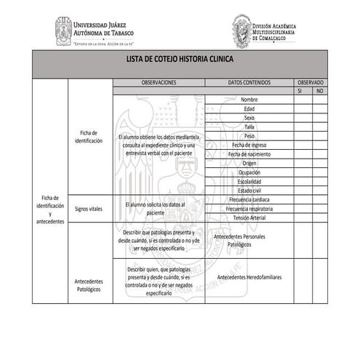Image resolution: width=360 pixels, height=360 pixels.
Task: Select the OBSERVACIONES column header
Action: [x=159, y=83]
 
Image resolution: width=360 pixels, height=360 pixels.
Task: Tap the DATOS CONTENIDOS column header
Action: [x=249, y=83]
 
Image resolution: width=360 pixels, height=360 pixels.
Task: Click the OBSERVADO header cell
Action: [x=310, y=83]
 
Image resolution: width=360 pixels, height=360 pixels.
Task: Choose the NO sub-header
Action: [x=319, y=92]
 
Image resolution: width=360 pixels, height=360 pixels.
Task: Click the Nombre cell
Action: [x=249, y=100]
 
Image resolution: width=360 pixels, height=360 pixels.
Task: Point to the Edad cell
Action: [x=249, y=108]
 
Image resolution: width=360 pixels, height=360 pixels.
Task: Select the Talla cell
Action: [x=249, y=127]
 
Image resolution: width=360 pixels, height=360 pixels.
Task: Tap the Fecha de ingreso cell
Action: [x=249, y=145]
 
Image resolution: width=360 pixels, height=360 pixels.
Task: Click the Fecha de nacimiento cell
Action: [x=249, y=154]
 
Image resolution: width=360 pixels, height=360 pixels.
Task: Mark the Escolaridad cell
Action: [x=249, y=181]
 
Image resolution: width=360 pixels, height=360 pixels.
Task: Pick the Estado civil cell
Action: [x=249, y=191]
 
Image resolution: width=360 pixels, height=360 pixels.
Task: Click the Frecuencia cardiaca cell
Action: [x=249, y=199]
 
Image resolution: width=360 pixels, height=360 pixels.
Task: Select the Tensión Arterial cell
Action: [x=249, y=217]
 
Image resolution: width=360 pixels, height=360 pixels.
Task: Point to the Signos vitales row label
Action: [x=89, y=208]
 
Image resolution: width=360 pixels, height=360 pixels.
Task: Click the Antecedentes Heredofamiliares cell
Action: [x=249, y=277]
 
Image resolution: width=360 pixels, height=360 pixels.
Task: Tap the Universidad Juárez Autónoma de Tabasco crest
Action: [x=63, y=30]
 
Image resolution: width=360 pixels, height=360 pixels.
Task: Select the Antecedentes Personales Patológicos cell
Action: [x=249, y=241]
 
